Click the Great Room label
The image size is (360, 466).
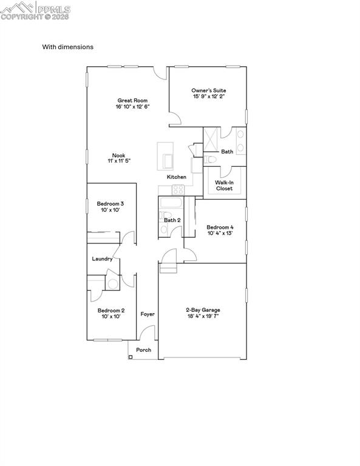132,101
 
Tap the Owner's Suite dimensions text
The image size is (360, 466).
209,96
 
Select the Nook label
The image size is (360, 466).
118,155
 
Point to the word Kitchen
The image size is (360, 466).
177,177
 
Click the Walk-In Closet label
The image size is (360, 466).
224,185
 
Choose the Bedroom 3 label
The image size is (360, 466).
110,204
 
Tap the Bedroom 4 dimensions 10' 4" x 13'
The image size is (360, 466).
220,233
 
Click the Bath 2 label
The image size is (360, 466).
172,220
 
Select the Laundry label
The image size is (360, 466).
102,259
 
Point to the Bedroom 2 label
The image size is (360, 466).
110,310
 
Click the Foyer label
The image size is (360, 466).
148,314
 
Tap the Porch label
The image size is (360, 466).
144,350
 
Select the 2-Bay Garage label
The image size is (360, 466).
203,310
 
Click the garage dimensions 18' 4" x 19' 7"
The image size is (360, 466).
203,316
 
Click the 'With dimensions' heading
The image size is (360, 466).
67,47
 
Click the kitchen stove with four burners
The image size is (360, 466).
178,189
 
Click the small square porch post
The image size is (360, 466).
131,357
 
